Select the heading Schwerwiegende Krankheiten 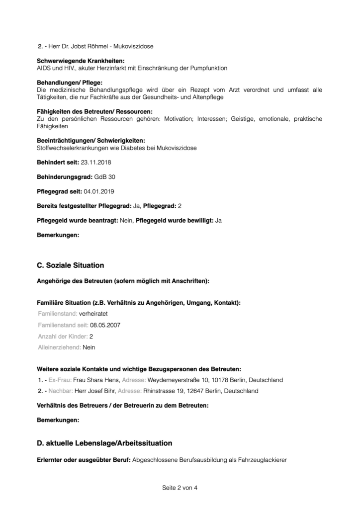tap(81, 61)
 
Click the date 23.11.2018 tap(94, 163)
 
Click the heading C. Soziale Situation tap(71, 265)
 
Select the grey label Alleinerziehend tap(59, 347)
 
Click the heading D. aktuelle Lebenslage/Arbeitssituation tap(104, 442)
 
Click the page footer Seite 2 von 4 tap(180, 488)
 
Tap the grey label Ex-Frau tap(60, 380)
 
